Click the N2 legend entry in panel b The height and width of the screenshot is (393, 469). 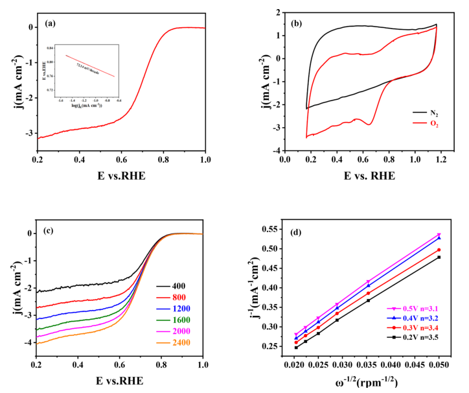(429, 112)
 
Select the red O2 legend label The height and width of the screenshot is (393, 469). (429, 123)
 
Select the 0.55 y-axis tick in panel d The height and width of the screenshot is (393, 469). (276, 229)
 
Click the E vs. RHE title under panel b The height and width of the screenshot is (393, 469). (369, 174)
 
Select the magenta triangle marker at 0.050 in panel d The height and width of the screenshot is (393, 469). (439, 235)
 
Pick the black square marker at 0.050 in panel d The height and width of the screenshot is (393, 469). (439, 257)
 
